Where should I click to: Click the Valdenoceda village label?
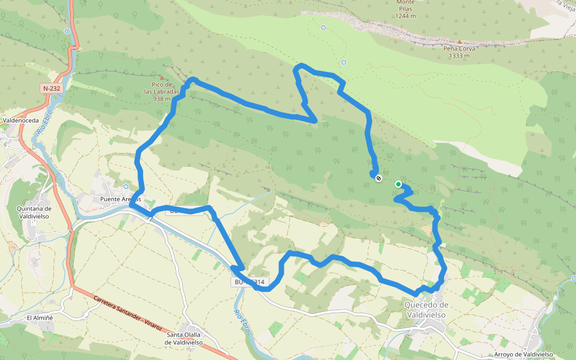[21, 120]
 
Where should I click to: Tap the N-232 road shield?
[52, 88]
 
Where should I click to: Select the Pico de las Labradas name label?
[162, 88]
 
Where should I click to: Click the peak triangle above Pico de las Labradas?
[161, 77]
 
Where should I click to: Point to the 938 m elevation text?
[162, 99]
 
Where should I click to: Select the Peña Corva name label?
[459, 49]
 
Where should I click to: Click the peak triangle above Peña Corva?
[460, 41]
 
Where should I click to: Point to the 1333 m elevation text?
[459, 56]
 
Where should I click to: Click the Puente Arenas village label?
[120, 199]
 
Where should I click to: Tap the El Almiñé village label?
[40, 317]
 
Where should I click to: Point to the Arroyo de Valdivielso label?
[523, 354]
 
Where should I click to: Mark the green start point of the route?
[398, 184]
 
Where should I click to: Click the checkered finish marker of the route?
[379, 178]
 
